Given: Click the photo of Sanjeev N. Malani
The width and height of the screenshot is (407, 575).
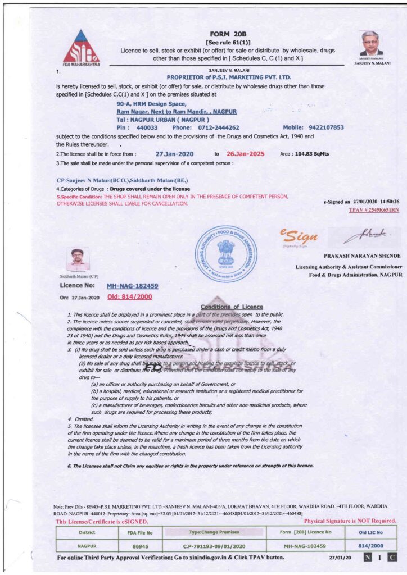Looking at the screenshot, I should coord(371,43).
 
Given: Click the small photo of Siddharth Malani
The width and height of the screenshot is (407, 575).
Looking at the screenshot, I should coord(78,259).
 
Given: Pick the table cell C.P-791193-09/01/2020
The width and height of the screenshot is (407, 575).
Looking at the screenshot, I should coord(216,545).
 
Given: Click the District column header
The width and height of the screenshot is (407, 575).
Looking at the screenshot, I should coord(87,532).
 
